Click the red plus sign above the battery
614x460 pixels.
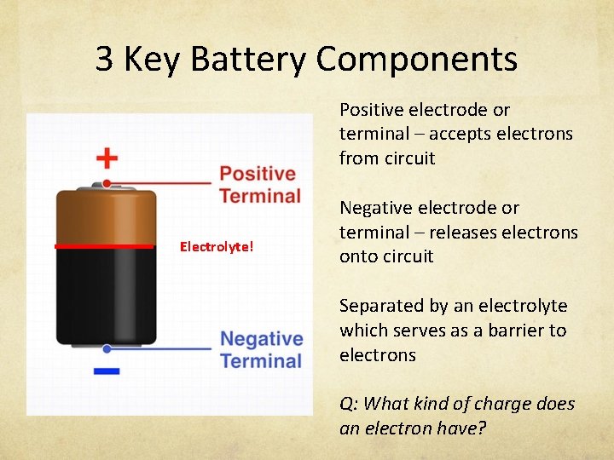pyautogui.click(x=106, y=158)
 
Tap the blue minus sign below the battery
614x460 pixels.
pyautogui.click(x=106, y=371)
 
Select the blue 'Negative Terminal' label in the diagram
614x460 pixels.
pyautogui.click(x=261, y=349)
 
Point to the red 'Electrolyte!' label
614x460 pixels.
pyautogui.click(x=216, y=247)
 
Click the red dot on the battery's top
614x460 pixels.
pyautogui.click(x=106, y=183)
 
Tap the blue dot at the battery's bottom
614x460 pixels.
pyautogui.click(x=106, y=348)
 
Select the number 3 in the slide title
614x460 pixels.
pyautogui.click(x=104, y=60)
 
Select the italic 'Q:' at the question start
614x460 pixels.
pyautogui.click(x=350, y=403)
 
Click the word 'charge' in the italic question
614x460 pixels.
pyautogui.click(x=505, y=403)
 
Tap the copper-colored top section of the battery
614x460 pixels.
pyautogui.click(x=106, y=217)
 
